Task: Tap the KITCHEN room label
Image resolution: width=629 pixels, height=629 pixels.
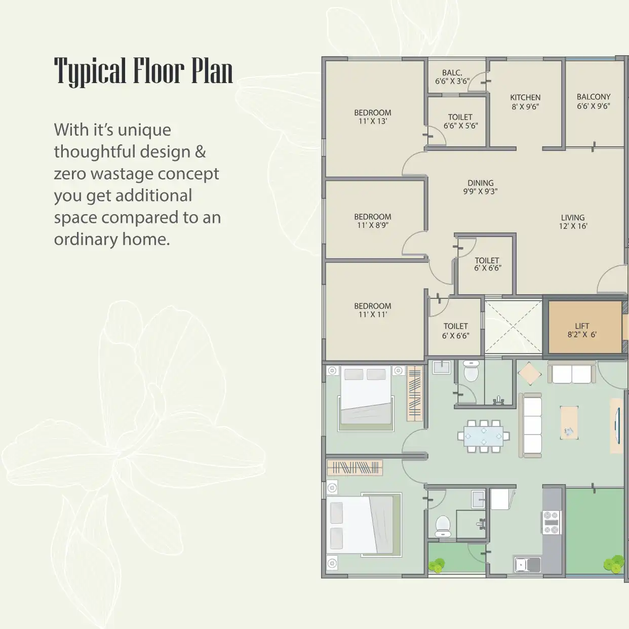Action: click(525, 97)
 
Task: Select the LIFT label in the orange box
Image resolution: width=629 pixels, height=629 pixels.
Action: click(582, 326)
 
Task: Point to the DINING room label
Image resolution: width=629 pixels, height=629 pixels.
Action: click(481, 183)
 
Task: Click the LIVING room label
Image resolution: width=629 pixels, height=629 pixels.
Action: click(573, 218)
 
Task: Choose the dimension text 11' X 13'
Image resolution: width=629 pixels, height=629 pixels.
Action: click(373, 121)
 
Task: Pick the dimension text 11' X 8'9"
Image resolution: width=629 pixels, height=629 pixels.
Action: click(373, 225)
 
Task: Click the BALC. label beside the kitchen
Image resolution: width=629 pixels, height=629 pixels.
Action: click(452, 73)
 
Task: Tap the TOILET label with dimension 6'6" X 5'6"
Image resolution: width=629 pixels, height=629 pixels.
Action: click(460, 117)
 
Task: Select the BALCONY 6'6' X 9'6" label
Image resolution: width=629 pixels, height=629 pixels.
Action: click(594, 101)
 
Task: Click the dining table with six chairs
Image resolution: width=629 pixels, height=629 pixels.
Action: click(484, 436)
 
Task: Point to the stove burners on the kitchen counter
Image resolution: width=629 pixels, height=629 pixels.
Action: click(551, 523)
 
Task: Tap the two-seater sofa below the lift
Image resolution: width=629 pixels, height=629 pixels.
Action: click(572, 372)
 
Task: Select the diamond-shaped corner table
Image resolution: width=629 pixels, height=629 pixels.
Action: click(529, 374)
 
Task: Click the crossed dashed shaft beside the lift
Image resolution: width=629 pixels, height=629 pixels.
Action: click(513, 327)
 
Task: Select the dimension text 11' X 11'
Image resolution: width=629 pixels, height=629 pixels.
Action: click(373, 314)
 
